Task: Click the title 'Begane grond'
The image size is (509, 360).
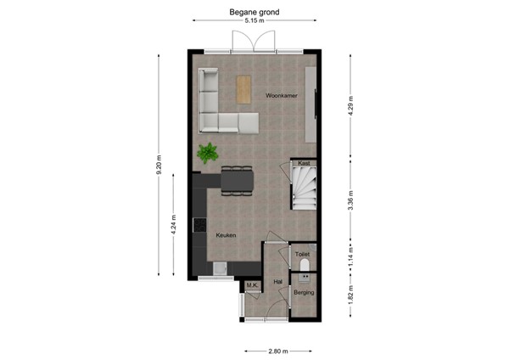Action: (x=254, y=13)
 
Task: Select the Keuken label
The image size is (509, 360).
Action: (x=225, y=235)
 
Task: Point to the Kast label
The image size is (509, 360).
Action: (x=303, y=162)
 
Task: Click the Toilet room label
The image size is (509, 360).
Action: (x=303, y=254)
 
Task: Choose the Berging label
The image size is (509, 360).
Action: (x=304, y=293)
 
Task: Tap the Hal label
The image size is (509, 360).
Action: (x=277, y=281)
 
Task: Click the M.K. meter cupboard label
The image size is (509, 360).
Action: (x=251, y=285)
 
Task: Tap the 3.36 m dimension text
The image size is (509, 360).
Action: (x=350, y=204)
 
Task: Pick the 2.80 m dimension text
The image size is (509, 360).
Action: (x=278, y=351)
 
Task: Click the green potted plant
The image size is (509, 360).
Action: (x=207, y=154)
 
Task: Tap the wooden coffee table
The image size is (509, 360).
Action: (x=245, y=88)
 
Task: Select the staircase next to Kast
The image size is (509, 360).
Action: (x=304, y=188)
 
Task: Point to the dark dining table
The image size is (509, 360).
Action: (x=238, y=181)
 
